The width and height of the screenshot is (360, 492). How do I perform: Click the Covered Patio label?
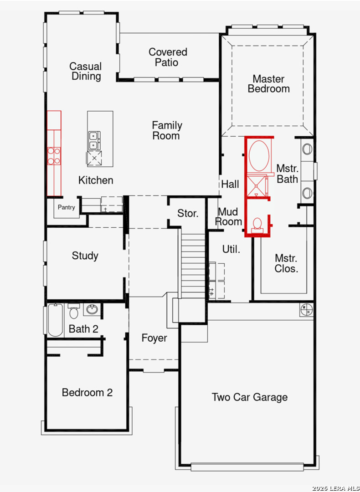coord(168,57)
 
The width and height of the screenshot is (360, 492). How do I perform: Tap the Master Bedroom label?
coord(269,83)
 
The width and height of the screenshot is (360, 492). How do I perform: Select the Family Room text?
coord(167,130)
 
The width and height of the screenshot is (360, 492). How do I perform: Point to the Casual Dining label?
coord(86,71)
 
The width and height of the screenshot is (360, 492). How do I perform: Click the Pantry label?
coord(66,207)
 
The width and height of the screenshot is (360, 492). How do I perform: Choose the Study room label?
coord(85,256)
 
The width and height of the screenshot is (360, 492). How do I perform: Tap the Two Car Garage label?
coord(250,397)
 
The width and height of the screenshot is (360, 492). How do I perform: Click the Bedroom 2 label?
coord(87,393)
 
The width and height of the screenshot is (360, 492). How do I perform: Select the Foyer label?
coord(154,338)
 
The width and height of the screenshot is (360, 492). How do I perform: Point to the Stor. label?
coord(188,213)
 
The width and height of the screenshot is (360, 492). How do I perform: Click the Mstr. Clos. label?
coord(286,263)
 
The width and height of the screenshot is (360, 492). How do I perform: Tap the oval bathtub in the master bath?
coord(259,156)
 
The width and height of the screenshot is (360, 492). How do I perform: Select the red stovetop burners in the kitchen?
coord(54,156)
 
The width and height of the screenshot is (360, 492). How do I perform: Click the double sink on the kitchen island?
coord(94,141)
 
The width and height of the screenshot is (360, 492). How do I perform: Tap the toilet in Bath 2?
coord(73,311)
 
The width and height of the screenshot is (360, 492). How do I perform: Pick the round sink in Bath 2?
coord(92,310)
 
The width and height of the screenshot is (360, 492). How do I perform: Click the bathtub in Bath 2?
coord(55,320)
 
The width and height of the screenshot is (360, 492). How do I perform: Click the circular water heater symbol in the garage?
coord(307,310)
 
